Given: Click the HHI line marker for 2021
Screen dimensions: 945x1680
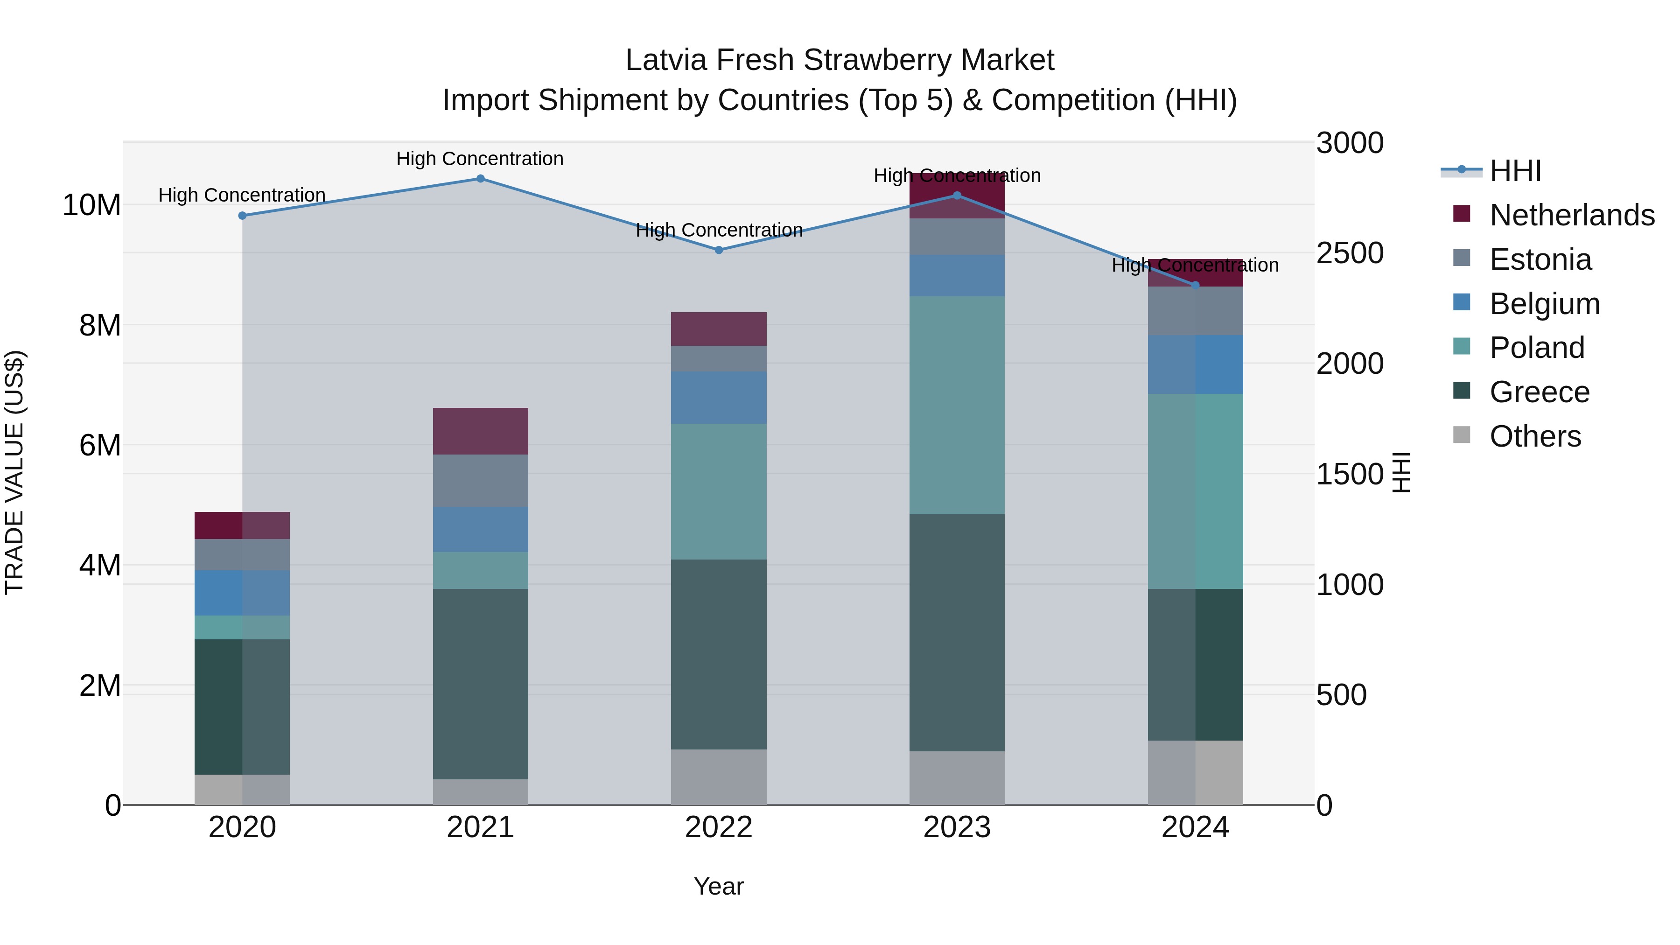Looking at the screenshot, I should pos(480,178).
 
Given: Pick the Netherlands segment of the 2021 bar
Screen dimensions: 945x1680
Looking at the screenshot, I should pos(480,431).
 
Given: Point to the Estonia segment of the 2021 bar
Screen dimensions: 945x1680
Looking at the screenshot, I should pos(480,481).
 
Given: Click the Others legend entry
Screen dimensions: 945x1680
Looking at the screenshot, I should pos(1535,436).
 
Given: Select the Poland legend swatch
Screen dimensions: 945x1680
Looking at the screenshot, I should pos(1462,346).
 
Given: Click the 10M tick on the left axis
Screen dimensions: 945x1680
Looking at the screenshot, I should pos(91,205).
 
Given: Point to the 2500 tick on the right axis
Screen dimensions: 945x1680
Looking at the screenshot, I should pos(1349,253).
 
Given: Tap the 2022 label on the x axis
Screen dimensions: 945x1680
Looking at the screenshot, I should pos(719,827).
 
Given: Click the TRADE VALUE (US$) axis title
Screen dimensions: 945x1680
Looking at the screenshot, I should pos(14,472).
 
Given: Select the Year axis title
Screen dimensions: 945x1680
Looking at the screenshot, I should pos(719,886).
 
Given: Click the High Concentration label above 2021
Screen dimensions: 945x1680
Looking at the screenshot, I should pos(480,159).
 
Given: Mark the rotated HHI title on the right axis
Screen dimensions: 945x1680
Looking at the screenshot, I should pos(1401,472).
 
